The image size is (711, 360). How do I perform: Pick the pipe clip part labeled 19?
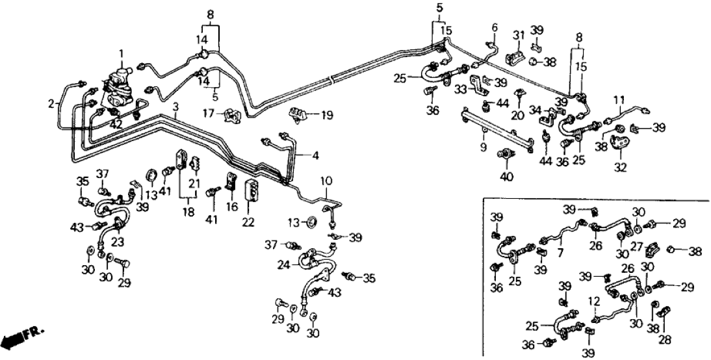click(x=300, y=115)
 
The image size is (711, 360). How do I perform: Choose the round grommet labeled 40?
click(x=503, y=154)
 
